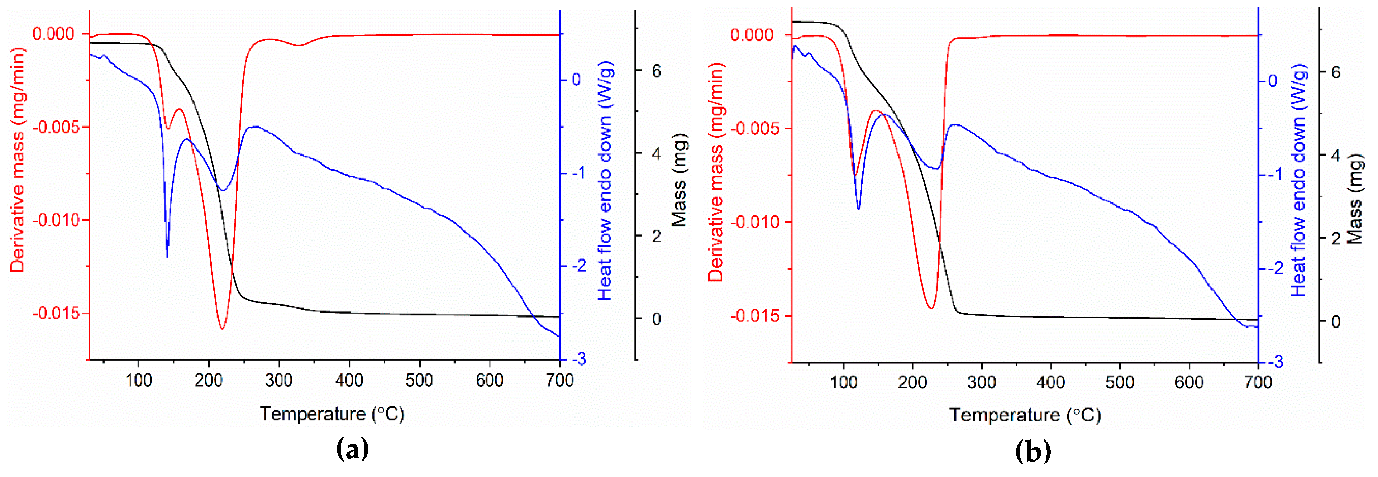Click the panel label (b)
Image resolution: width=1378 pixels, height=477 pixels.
coord(1033,452)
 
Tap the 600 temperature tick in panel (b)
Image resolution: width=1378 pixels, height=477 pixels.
coord(1189,382)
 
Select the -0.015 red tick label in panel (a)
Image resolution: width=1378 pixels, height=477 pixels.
coord(53,313)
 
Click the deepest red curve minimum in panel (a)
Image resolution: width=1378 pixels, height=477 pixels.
coord(221,328)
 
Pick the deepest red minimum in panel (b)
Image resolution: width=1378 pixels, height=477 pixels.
coord(931,309)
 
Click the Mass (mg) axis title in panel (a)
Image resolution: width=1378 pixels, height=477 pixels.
coord(678,181)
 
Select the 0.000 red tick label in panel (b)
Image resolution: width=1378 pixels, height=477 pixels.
coord(752,35)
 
